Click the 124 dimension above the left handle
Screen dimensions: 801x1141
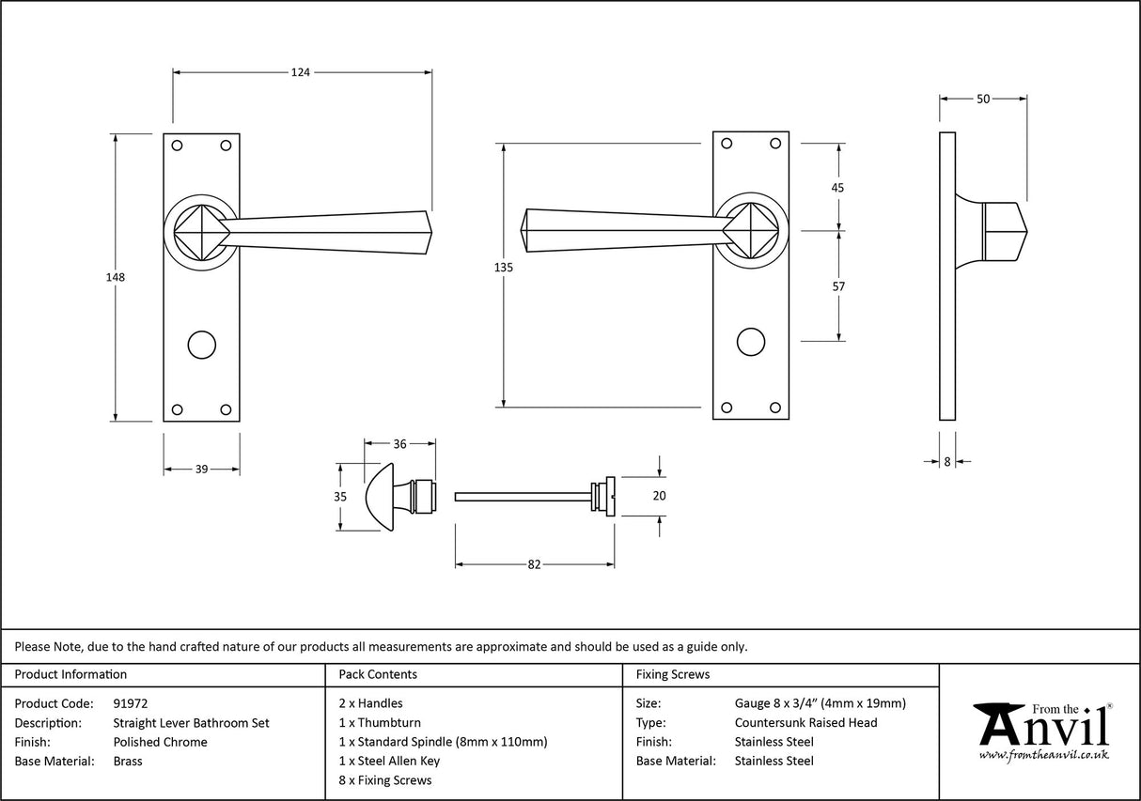tap(300, 71)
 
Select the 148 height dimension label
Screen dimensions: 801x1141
tap(116, 278)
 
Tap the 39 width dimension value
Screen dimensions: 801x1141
tap(201, 470)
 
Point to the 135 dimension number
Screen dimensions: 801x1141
tap(503, 268)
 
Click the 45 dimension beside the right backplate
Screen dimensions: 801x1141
tap(838, 188)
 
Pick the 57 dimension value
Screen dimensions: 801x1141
tap(838, 286)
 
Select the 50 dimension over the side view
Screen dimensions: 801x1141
tap(983, 99)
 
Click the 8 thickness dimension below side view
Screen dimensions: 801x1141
tap(947, 461)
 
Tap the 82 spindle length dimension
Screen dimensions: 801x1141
tap(534, 564)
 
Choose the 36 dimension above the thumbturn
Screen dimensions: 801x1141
tap(399, 444)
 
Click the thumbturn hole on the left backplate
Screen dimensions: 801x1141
tap(201, 344)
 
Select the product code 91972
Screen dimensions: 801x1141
tap(130, 703)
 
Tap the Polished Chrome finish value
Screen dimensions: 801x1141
tap(160, 742)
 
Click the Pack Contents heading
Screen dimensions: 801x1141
tap(377, 674)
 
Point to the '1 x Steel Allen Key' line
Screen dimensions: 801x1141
tap(388, 761)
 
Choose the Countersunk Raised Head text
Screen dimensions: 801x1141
tap(805, 722)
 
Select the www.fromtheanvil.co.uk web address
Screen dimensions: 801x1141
tap(1043, 754)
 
